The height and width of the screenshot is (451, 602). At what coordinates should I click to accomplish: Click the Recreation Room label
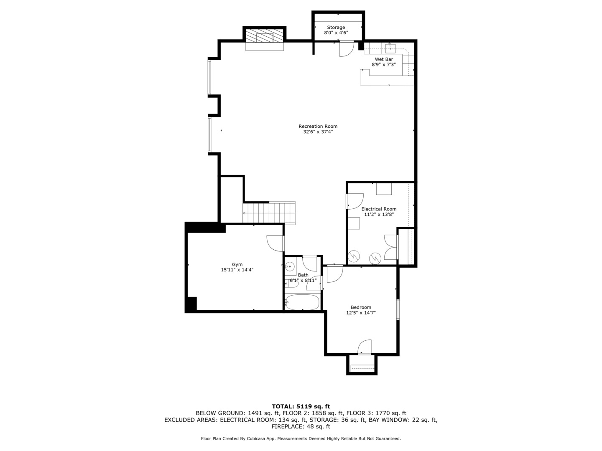point(318,126)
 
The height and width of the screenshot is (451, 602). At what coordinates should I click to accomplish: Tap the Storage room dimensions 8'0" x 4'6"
point(336,33)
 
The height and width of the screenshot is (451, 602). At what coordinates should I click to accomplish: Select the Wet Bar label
point(383,59)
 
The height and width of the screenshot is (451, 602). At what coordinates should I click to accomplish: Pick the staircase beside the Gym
point(269,213)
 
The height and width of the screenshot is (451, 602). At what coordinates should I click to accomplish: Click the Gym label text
point(237,264)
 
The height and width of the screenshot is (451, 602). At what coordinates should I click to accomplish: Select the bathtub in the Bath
point(302,302)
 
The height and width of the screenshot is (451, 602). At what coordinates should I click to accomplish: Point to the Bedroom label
point(361,307)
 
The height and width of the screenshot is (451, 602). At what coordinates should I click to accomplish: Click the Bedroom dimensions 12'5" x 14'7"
point(361,313)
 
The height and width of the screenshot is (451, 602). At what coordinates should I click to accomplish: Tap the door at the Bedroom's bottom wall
point(364,347)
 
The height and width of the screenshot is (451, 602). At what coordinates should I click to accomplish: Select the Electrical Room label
point(379,209)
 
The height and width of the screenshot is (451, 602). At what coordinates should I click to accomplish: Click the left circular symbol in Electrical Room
point(354,255)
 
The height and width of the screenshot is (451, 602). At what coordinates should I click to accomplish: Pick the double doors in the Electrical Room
point(390,247)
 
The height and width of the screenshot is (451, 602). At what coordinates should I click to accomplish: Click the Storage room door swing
point(346,49)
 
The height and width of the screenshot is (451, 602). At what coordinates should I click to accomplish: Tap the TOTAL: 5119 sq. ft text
point(301,406)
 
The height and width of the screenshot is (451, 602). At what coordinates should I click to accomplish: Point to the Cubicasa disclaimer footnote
point(301,438)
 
